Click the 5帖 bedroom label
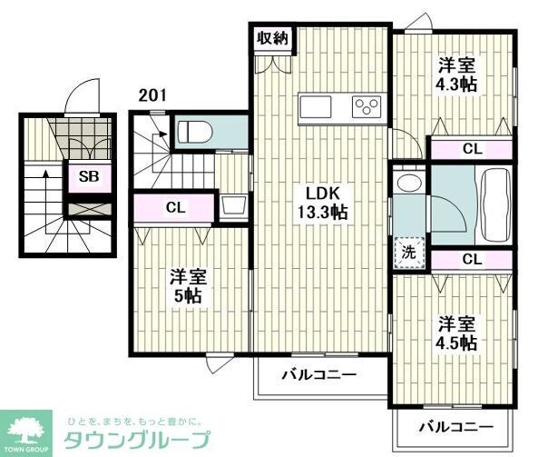pyautogui.click(x=188, y=286)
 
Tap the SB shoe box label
pyautogui.click(x=89, y=176)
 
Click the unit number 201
pyautogui.click(x=153, y=94)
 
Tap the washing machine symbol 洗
pyautogui.click(x=409, y=252)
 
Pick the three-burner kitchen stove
pyautogui.click(x=367, y=106)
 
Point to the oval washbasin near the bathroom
pyautogui.click(x=409, y=183)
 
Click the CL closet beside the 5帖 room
pyautogui.click(x=175, y=207)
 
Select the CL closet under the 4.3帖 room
pyautogui.click(x=471, y=149)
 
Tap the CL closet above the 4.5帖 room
pyautogui.click(x=471, y=260)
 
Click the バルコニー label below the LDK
pyautogui.click(x=318, y=373)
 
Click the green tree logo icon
pyautogui.click(x=30, y=427)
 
